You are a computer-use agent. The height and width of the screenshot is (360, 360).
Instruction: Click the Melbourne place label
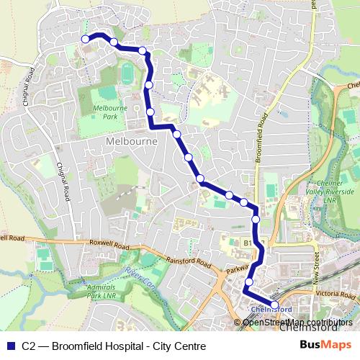pyautogui.click(x=131, y=142)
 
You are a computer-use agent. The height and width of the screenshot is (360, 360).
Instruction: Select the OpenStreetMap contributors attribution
pyautogui.click(x=297, y=322)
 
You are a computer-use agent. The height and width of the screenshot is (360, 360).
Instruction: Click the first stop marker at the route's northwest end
pyautogui.click(x=86, y=39)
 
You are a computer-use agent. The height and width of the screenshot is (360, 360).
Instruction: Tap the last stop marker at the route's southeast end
pyautogui.click(x=274, y=305)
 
